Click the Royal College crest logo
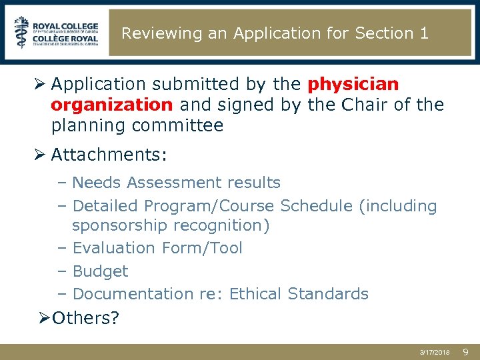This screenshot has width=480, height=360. pyautogui.click(x=21, y=33)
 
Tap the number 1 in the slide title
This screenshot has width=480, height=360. pyautogui.click(x=425, y=33)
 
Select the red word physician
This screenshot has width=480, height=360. pyautogui.click(x=353, y=85)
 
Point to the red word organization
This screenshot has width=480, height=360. pyautogui.click(x=111, y=105)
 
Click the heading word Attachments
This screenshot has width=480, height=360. pyautogui.click(x=109, y=155)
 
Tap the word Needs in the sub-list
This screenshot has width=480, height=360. pyautogui.click(x=97, y=183)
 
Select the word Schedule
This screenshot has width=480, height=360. pyautogui.click(x=317, y=206)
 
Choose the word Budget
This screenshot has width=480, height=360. pyautogui.click(x=100, y=271)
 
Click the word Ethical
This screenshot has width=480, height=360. pyautogui.click(x=256, y=294)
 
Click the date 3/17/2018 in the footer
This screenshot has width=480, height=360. pyautogui.click(x=435, y=351)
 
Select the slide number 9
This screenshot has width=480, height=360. pyautogui.click(x=466, y=351)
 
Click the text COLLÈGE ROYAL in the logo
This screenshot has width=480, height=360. pyautogui.click(x=67, y=39)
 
